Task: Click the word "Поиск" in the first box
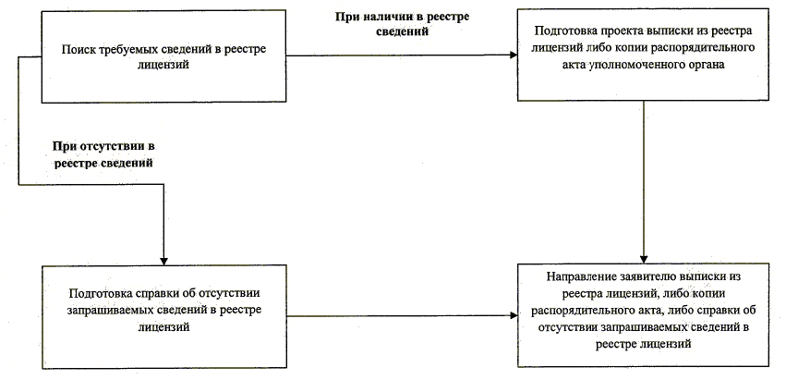coord(74,50)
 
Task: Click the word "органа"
coord(706,67)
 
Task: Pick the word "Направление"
coord(575,277)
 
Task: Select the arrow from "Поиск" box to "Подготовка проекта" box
coord(402,55)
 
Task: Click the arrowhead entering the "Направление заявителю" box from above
coord(644,259)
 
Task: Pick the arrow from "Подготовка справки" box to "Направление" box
coord(402,316)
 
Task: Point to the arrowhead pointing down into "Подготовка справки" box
coord(163,261)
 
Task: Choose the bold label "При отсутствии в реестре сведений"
coord(103,155)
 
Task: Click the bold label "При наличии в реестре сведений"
coord(402,24)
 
